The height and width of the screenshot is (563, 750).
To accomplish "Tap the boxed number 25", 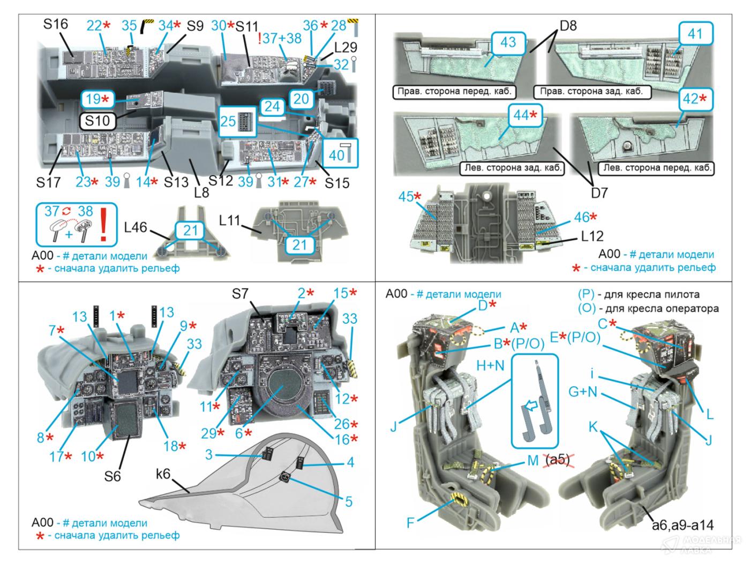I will click(x=228, y=121).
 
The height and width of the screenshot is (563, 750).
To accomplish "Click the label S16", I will click(x=56, y=24).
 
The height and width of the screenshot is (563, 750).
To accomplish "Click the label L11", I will click(x=232, y=220).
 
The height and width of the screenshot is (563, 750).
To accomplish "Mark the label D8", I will click(x=568, y=26).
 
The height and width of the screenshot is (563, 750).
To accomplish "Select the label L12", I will click(x=592, y=235).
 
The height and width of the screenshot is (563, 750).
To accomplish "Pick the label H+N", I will click(x=490, y=366).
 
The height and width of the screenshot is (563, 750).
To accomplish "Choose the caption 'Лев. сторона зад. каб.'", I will click(x=512, y=168).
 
